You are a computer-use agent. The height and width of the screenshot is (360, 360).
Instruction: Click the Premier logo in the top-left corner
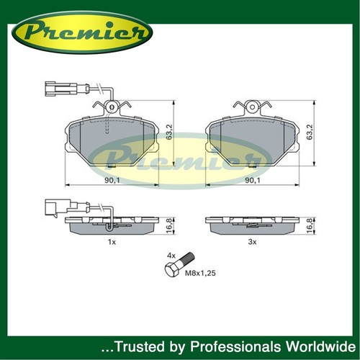pyautogui.click(x=82, y=32)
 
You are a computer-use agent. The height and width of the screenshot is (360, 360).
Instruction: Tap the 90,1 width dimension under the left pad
pyautogui.click(x=112, y=180)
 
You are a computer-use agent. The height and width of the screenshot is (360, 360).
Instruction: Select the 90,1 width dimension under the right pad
pyautogui.click(x=253, y=180)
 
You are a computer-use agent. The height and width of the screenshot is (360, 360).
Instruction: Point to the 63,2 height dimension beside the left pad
pyautogui.click(x=169, y=132)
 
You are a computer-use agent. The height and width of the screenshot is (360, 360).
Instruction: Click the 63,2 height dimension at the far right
pyautogui.click(x=310, y=132)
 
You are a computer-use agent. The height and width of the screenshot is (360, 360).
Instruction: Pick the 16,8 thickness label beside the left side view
pyautogui.click(x=169, y=225)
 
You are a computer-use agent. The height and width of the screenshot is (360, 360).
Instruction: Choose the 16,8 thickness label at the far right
pyautogui.click(x=310, y=225)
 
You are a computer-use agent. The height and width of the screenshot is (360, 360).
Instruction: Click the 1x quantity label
pyautogui.click(x=112, y=242)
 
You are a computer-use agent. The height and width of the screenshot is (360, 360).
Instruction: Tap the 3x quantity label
pyautogui.click(x=252, y=242)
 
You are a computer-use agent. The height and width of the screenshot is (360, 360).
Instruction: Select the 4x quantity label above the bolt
pyautogui.click(x=171, y=256)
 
